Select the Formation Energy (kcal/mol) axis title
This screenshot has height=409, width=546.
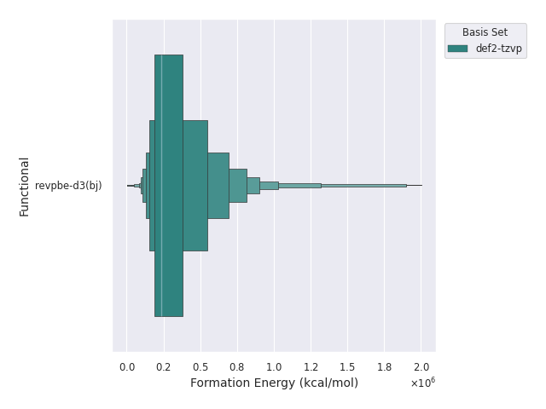pyautogui.click(x=274, y=383)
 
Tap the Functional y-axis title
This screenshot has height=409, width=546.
pyautogui.click(x=25, y=186)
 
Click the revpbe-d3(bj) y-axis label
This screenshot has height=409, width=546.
pyautogui.click(x=68, y=186)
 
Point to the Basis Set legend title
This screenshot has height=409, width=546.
pyautogui.click(x=485, y=32)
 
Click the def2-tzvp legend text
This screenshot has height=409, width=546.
pyautogui.click(x=499, y=49)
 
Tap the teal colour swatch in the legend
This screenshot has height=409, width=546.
pyautogui.click(x=458, y=49)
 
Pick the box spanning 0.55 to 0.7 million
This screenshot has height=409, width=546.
pyautogui.click(x=218, y=186)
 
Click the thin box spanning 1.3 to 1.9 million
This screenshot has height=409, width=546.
pyautogui.click(x=363, y=185)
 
